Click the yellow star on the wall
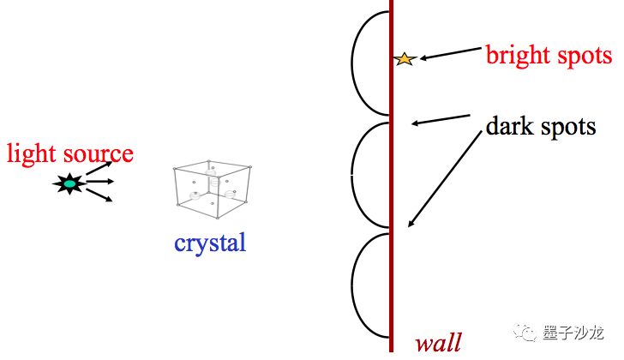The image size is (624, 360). (x=405, y=59)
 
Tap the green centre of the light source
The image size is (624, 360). (x=69, y=183)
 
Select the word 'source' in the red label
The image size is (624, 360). (x=98, y=154)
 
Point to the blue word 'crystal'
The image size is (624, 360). (x=210, y=243)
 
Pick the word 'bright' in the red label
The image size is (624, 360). (x=518, y=56)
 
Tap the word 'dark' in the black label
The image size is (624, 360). (x=510, y=127)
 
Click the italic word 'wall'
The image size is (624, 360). (x=438, y=343)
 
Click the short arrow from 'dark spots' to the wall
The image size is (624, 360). (x=441, y=119)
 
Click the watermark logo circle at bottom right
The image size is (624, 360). (x=528, y=332)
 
